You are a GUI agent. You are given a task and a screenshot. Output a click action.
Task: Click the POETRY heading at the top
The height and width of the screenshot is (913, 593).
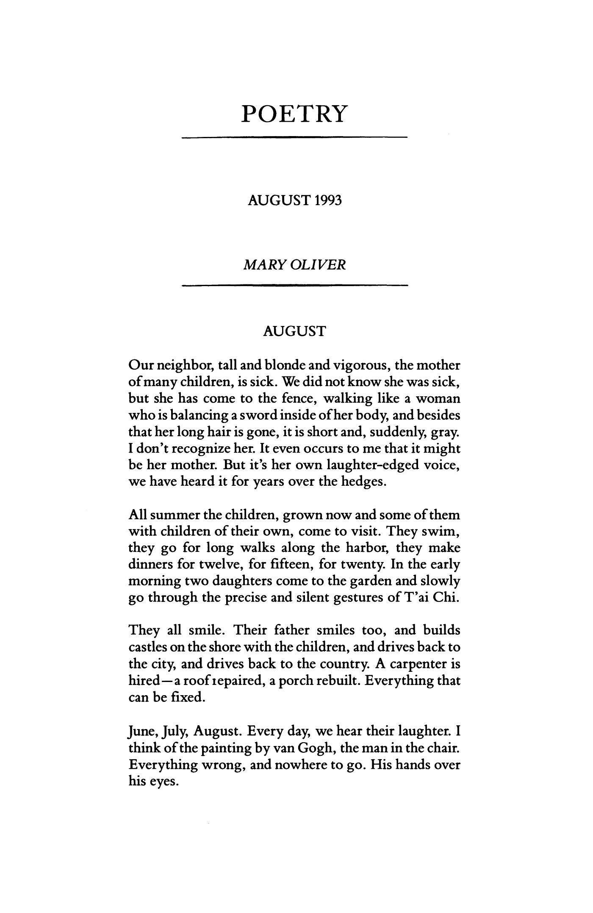coord(294,114)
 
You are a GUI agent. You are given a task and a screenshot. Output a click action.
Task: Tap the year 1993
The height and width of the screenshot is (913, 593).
coord(326,200)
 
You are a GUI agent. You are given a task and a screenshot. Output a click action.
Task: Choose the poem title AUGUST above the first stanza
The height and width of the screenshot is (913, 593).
coord(294,331)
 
